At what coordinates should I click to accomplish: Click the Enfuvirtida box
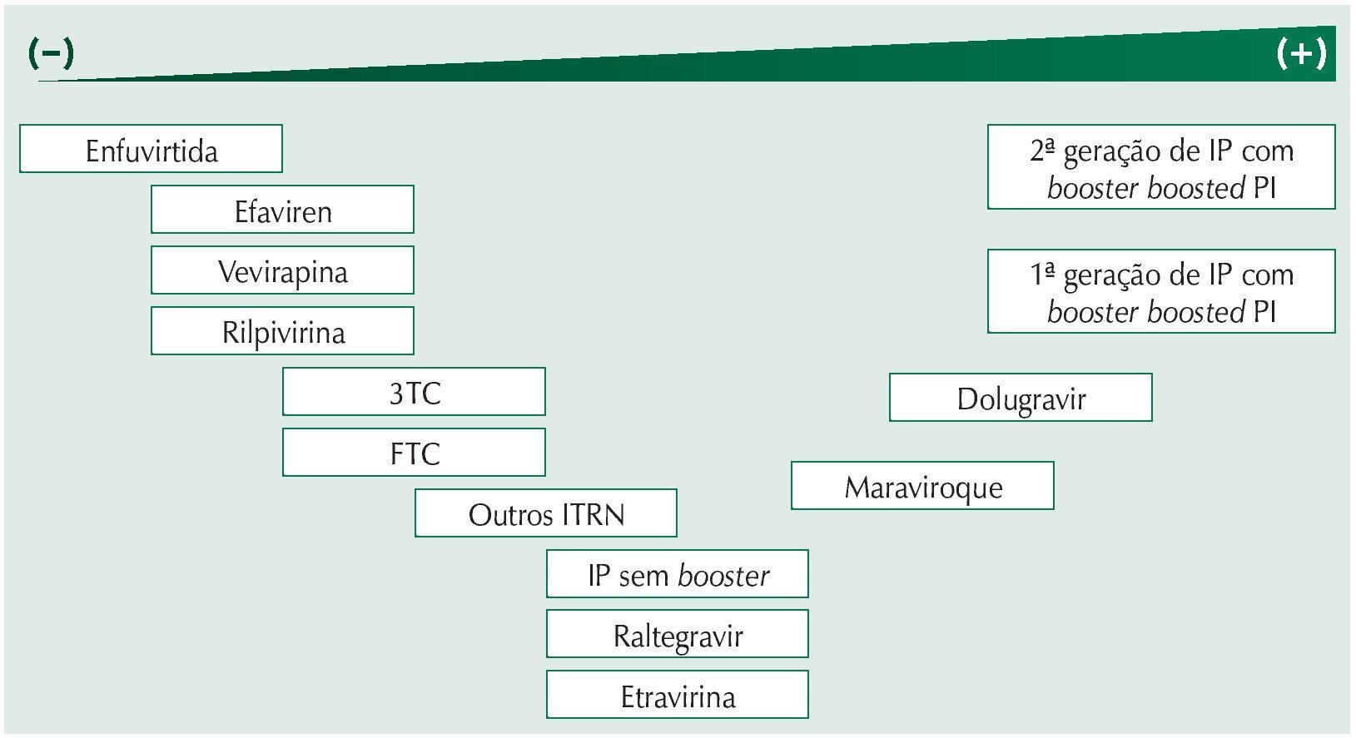click(151, 149)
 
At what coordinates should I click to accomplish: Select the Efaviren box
click(282, 210)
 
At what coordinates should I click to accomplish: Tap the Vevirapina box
click(282, 270)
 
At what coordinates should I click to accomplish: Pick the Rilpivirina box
click(282, 331)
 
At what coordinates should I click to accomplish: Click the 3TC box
click(414, 392)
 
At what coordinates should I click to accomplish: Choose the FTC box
click(414, 453)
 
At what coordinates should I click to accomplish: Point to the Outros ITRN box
click(545, 513)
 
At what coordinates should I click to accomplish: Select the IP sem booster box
click(677, 574)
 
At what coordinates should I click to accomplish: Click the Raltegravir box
click(677, 635)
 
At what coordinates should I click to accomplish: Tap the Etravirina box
click(677, 696)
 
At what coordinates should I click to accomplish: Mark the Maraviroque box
click(922, 486)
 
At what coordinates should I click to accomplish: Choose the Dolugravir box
click(1021, 398)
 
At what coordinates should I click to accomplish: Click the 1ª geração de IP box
click(1161, 291)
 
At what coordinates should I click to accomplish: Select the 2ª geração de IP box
click(1161, 167)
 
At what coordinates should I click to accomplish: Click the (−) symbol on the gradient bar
click(51, 54)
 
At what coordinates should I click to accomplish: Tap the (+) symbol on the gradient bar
click(1301, 53)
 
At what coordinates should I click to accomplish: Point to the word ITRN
click(593, 514)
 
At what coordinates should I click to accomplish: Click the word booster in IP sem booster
click(723, 575)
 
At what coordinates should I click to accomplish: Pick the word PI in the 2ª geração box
click(1264, 188)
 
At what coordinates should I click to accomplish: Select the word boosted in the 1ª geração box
click(1195, 312)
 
